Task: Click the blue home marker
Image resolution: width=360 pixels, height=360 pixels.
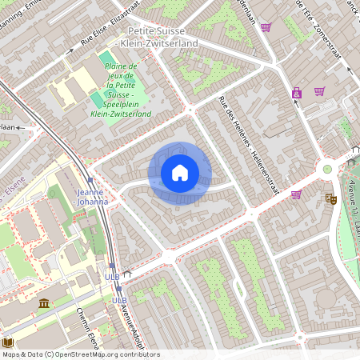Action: pos(180,173)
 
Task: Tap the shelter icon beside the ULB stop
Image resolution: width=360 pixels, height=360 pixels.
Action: pos(126,275)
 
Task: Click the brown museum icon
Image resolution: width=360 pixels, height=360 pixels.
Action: pos(43,303)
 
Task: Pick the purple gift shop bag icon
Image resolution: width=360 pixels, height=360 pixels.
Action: pos(297,93)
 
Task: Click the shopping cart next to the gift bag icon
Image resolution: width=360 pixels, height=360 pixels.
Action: pos(319,91)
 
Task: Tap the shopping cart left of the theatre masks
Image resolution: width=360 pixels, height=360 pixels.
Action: pos(296,194)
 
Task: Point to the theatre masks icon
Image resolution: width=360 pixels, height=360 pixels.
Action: pos(330,198)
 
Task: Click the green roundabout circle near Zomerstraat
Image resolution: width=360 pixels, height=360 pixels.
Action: pos(327,169)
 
